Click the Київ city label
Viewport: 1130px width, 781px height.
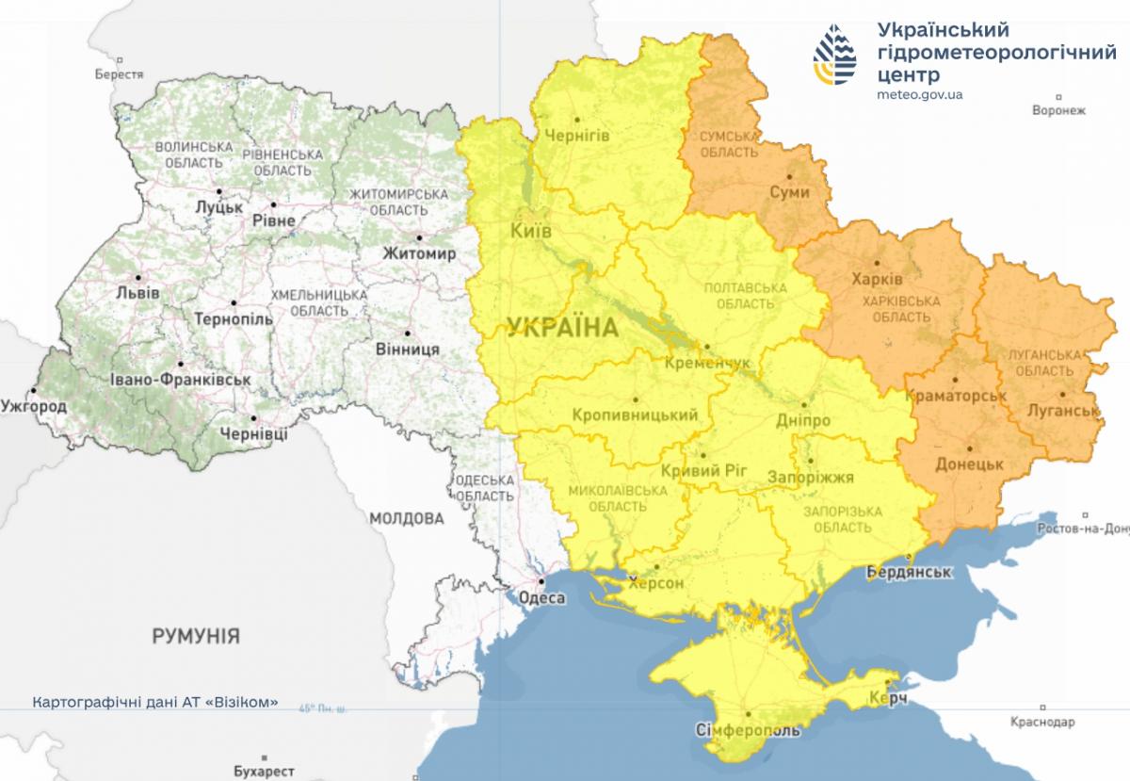(530, 231)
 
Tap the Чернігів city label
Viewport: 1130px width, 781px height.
(577, 136)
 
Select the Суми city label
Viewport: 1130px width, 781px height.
(789, 191)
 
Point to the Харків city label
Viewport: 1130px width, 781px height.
(877, 280)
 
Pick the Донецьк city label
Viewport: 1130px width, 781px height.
(969, 464)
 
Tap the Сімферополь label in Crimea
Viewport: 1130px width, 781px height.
(749, 731)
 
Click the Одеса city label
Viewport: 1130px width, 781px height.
(542, 598)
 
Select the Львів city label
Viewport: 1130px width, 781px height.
(137, 292)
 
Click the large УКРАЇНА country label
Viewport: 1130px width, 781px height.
(562, 328)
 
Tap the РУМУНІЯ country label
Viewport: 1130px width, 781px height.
(196, 636)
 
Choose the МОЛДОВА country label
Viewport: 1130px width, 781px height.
(406, 518)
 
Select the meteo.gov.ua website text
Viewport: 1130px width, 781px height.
(919, 94)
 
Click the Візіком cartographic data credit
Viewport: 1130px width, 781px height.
(155, 702)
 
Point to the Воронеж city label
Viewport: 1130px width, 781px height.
(1058, 110)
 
